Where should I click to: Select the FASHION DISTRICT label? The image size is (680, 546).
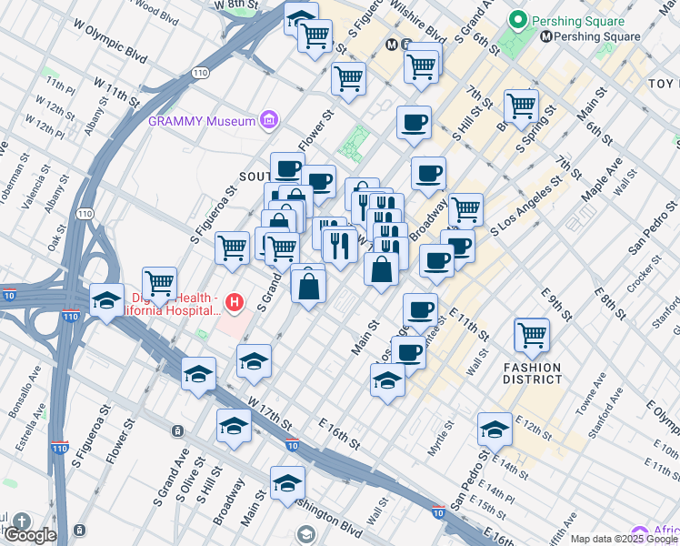click(x=532, y=373)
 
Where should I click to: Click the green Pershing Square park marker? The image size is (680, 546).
click(x=519, y=19)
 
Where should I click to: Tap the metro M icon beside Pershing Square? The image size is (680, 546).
click(x=546, y=36)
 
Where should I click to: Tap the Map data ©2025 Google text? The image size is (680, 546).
click(x=624, y=539)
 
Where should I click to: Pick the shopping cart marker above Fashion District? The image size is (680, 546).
click(x=531, y=334)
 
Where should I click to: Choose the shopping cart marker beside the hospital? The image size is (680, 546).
click(x=160, y=283)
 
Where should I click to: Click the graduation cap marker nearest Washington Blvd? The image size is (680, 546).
click(x=287, y=483)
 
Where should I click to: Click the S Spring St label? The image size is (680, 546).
click(x=536, y=132)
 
